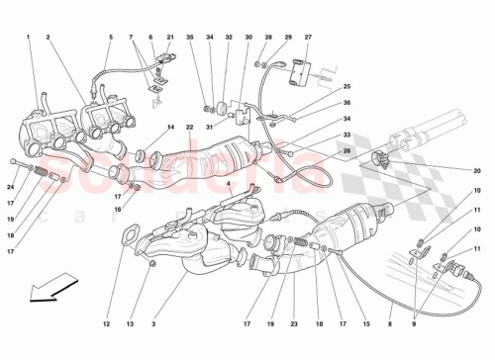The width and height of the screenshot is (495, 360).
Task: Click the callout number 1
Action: (29, 39)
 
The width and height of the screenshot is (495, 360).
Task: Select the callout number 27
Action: (308, 39)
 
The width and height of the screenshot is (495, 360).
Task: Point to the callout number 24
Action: (12, 188)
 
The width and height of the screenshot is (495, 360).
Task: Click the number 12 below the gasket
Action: (104, 324)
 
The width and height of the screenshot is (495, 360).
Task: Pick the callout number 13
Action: (131, 324)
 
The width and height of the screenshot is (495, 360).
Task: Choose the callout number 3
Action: (154, 324)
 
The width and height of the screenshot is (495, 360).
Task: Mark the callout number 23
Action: (294, 324)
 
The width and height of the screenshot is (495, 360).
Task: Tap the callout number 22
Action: (188, 127)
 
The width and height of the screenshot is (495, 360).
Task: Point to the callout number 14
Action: (170, 127)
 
